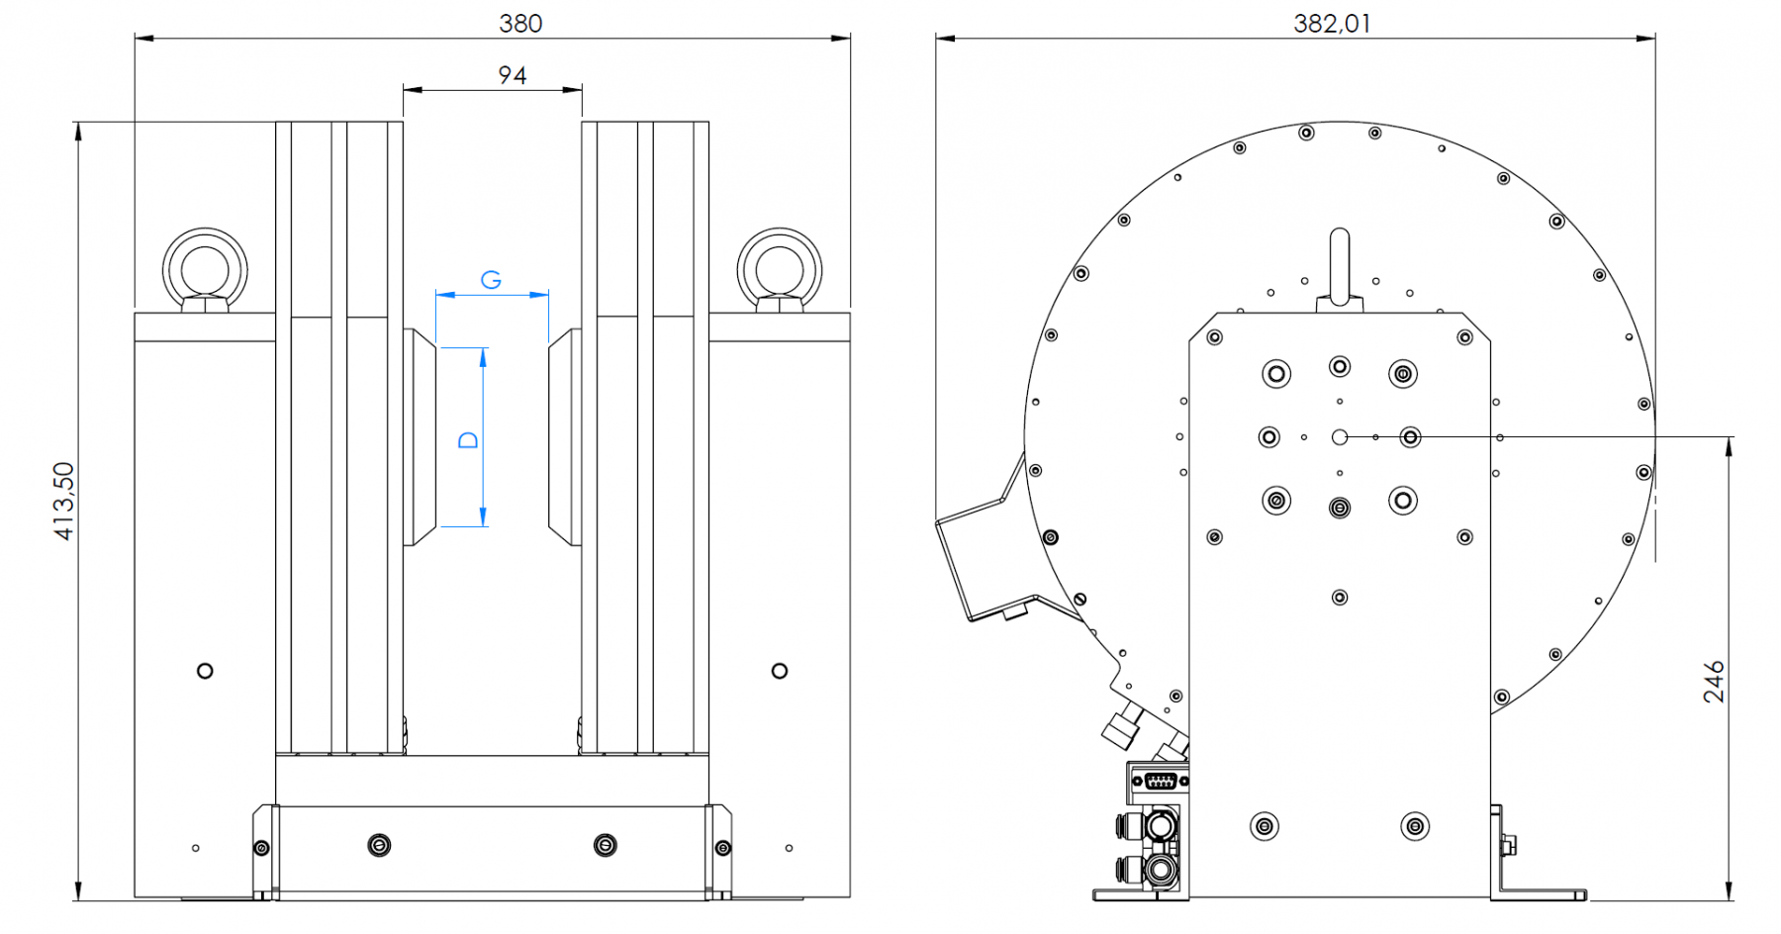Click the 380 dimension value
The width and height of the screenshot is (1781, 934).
520,24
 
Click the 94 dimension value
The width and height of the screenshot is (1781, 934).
513,75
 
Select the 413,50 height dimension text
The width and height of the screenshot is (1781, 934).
64,501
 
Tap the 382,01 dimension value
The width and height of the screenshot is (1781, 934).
1332,24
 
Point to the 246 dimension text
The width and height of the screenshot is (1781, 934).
1714,682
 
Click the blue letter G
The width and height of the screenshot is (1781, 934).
491,280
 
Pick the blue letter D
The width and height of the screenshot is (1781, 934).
469,440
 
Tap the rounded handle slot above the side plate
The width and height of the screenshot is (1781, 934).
1340,265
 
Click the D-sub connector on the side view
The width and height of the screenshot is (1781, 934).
1160,782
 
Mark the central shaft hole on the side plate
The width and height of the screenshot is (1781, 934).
1340,437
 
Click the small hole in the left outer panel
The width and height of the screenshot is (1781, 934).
205,671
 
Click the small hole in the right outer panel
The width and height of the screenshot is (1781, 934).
780,671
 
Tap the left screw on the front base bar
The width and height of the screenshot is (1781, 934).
379,845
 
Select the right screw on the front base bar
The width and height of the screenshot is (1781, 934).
605,845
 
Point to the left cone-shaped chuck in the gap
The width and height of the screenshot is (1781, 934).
421,437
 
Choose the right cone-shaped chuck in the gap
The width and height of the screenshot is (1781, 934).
565,437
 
